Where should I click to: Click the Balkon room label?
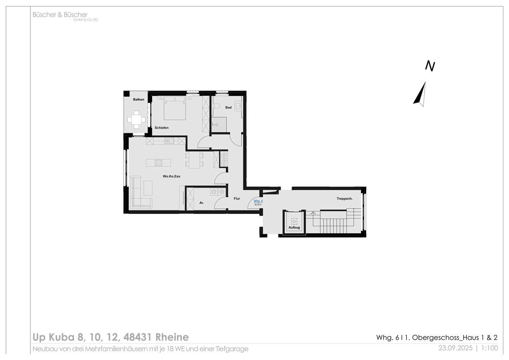[139, 99]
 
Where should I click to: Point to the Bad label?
[228, 108]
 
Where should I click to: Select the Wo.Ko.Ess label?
[171, 176]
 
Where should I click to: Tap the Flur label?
[237, 198]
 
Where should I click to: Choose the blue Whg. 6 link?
[258, 201]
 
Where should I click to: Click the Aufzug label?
[294, 227]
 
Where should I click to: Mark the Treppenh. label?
[344, 199]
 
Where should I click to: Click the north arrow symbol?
[420, 94]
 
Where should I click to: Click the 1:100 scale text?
[490, 348]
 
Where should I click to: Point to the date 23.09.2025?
[455, 348]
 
